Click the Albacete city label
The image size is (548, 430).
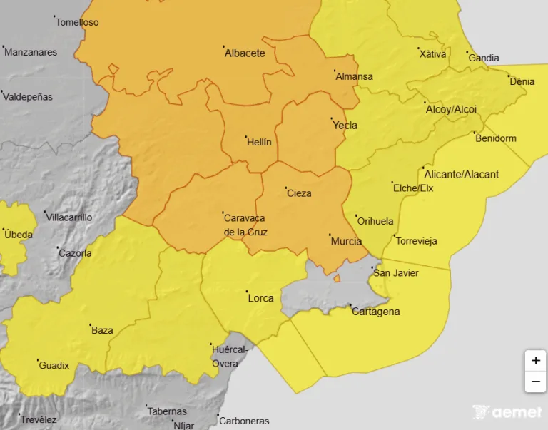pyautogui.click(x=245, y=53)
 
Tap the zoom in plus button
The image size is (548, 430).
pyautogui.click(x=535, y=361)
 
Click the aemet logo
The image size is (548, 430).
pyautogui.click(x=507, y=412)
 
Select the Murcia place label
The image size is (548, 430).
pyautogui.click(x=346, y=242)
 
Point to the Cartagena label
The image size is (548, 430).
pyautogui.click(x=375, y=312)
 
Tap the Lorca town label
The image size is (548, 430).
pyautogui.click(x=260, y=298)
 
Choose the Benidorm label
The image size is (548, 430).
pyautogui.click(x=496, y=138)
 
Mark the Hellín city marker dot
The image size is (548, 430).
pyautogui.click(x=245, y=136)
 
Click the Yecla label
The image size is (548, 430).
pyautogui.click(x=345, y=126)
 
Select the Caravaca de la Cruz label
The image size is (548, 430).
pyautogui.click(x=244, y=225)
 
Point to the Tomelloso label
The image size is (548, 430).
pyautogui.click(x=77, y=22)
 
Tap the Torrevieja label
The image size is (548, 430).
pyautogui.click(x=416, y=241)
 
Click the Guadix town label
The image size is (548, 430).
pyautogui.click(x=54, y=365)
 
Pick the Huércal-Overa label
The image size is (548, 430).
pyautogui.click(x=230, y=356)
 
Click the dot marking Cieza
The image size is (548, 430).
pyautogui.click(x=285, y=188)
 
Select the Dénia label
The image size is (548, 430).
pyautogui.click(x=522, y=81)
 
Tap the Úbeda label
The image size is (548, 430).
pyautogui.click(x=18, y=234)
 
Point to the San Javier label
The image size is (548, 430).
pyautogui.click(x=396, y=273)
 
